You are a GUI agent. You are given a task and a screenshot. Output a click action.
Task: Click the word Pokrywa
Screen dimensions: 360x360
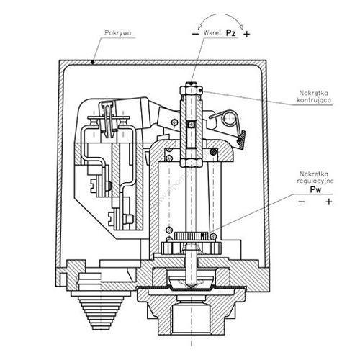click(x=118, y=32)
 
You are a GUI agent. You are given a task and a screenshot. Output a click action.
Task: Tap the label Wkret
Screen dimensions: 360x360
click(x=212, y=32)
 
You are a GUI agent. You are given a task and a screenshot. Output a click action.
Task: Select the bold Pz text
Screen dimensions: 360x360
click(x=231, y=33)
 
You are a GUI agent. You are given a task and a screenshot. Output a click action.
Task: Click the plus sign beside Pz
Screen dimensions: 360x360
click(x=246, y=35)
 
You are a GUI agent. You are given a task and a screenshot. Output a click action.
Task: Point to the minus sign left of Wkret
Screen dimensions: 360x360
click(x=196, y=34)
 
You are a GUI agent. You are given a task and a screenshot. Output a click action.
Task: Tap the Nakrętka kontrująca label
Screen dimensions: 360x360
click(x=314, y=96)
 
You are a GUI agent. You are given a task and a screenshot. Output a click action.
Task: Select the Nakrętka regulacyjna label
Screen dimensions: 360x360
click(x=315, y=177)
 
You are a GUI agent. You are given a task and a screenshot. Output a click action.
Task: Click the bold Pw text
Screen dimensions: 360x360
click(x=315, y=189)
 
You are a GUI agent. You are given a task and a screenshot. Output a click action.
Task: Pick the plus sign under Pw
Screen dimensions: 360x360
click(x=329, y=202)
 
